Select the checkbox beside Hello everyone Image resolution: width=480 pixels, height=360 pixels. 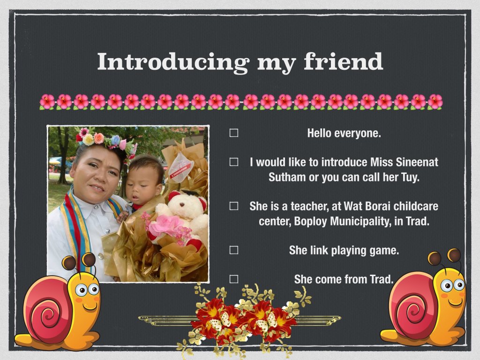pyautogui.click(x=234, y=133)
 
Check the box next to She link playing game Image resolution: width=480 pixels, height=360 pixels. pyautogui.click(x=234, y=250)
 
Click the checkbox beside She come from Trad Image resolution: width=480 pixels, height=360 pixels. pyautogui.click(x=234, y=279)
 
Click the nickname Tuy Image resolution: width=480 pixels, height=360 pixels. pyautogui.click(x=409, y=178)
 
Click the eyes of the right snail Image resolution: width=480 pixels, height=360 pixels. pyautogui.click(x=453, y=285)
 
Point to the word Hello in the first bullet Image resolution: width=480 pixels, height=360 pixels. pyautogui.click(x=319, y=133)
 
